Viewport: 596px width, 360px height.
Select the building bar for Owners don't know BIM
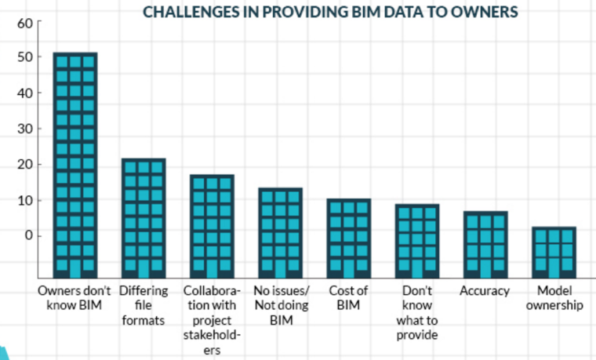(74, 165)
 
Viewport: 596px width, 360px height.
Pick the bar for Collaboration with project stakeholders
(212, 226)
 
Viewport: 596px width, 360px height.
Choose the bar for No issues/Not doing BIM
(281, 233)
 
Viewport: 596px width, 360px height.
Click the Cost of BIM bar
(349, 238)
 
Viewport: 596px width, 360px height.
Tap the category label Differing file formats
(144, 306)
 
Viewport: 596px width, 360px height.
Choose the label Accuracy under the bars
(486, 291)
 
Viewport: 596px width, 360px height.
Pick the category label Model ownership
(555, 298)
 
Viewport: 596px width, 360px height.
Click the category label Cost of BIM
(349, 298)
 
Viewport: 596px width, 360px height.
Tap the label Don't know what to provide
(418, 313)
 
